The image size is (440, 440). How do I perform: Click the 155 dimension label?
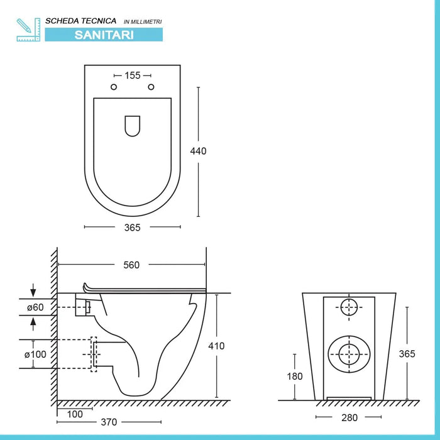pyautogui.click(x=132, y=75)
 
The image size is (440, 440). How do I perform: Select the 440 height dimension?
pyautogui.click(x=199, y=151)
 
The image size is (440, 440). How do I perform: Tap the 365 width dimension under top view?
pyautogui.click(x=132, y=228)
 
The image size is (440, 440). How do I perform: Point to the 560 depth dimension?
pyautogui.click(x=131, y=265)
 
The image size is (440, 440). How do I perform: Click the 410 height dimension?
pyautogui.click(x=216, y=346)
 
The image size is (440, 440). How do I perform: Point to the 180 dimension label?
pyautogui.click(x=295, y=377)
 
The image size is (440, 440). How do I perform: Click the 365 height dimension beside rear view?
pyautogui.click(x=407, y=354)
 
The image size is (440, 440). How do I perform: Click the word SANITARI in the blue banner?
pyautogui.click(x=104, y=35)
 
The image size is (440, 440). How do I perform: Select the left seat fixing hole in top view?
pyautogui.click(x=114, y=87)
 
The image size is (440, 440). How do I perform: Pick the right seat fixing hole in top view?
pyautogui.click(x=150, y=87)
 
